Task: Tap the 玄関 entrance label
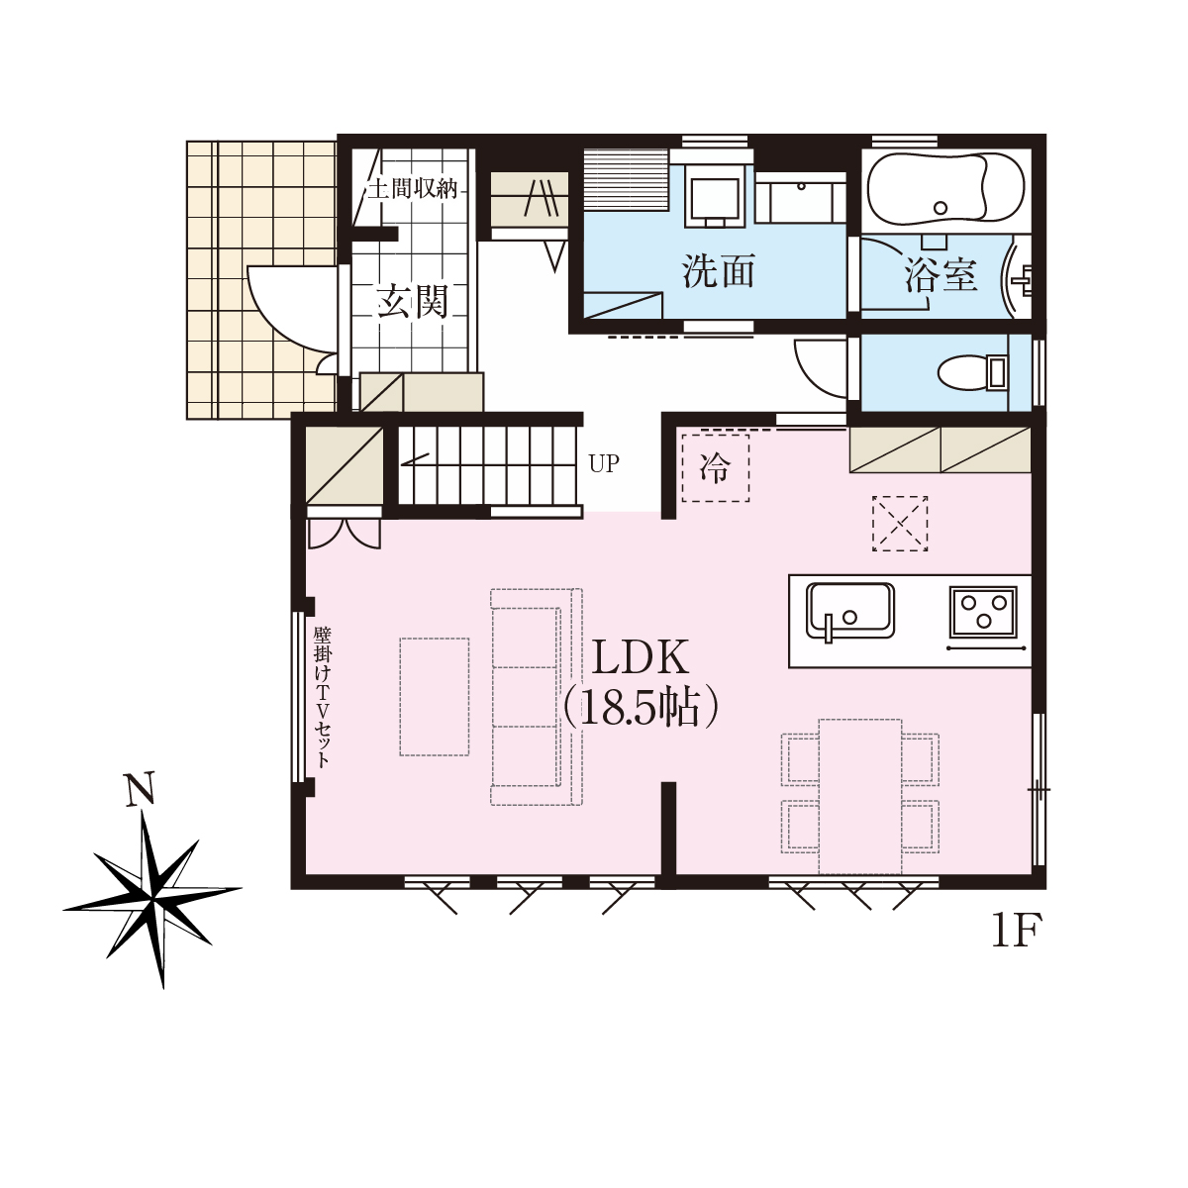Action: tap(413, 302)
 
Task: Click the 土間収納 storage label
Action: tap(413, 189)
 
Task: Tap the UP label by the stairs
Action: tap(604, 464)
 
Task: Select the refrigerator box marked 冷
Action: tap(715, 468)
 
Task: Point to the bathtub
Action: tap(945, 187)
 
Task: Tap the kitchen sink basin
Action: tap(850, 611)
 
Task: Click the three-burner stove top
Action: tap(983, 611)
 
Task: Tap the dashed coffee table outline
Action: tap(434, 697)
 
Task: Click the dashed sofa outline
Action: tap(537, 697)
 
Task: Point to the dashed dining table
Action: tap(860, 797)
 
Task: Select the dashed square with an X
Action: tap(900, 524)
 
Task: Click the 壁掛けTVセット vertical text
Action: tap(322, 697)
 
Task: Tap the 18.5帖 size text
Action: tap(641, 709)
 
